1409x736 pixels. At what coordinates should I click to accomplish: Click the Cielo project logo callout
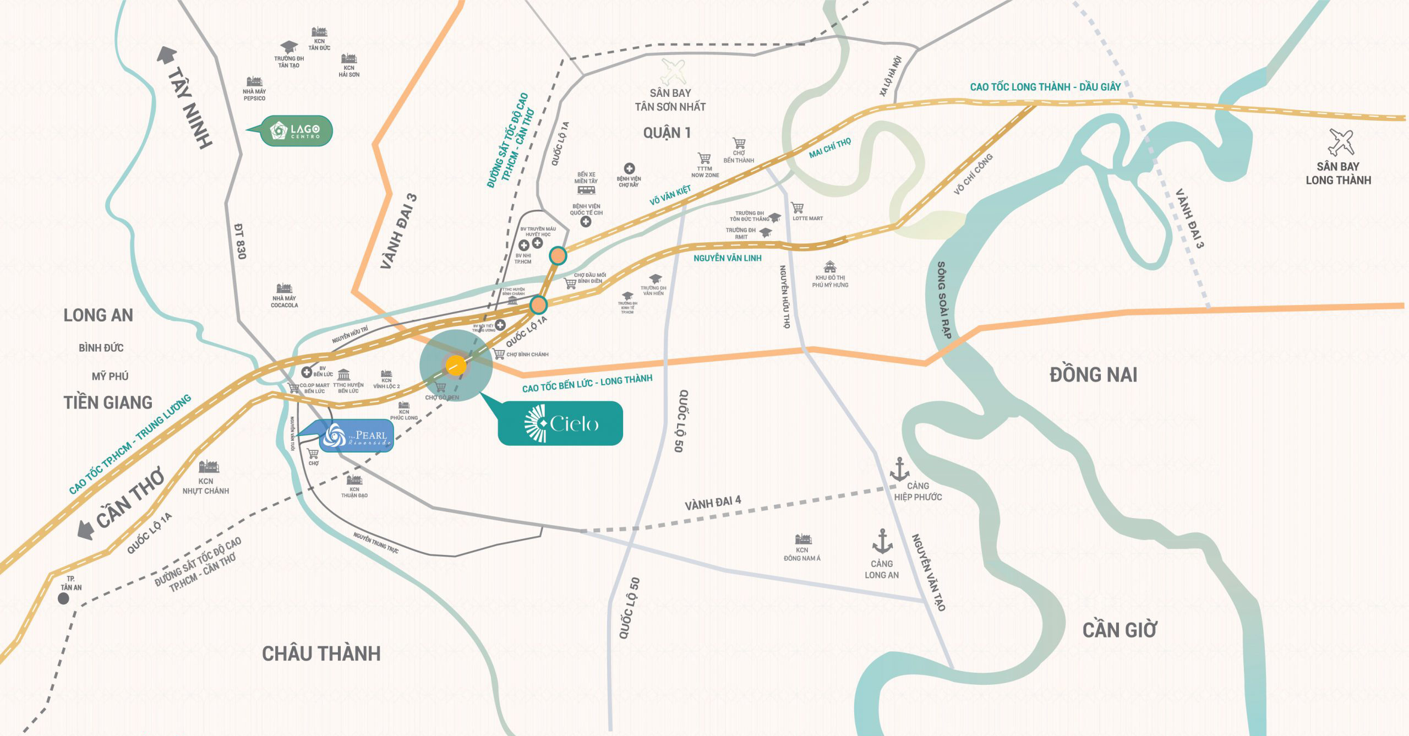point(560,423)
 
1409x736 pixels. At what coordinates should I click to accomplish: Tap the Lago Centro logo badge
point(296,131)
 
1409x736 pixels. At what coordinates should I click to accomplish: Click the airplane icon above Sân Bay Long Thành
point(1341,143)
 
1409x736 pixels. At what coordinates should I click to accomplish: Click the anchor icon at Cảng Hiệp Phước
point(900,469)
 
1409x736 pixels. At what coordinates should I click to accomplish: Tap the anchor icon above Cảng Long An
point(882,541)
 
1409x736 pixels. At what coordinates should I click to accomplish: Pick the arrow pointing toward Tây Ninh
point(167,55)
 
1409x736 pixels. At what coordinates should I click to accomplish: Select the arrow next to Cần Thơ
point(85,530)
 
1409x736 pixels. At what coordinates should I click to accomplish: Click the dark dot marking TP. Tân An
point(64,599)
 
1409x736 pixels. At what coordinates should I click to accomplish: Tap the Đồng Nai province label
point(1093,375)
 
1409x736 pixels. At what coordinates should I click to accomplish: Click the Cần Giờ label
point(1119,630)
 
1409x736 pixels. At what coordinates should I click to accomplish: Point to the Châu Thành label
point(321,653)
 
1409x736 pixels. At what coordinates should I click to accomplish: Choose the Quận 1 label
point(667,133)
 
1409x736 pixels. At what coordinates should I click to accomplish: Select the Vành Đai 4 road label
point(713,503)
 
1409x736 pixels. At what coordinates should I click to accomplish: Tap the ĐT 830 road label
point(240,241)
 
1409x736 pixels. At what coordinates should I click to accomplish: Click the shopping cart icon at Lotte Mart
point(797,208)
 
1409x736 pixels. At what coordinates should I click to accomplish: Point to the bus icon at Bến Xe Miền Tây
point(586,190)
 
